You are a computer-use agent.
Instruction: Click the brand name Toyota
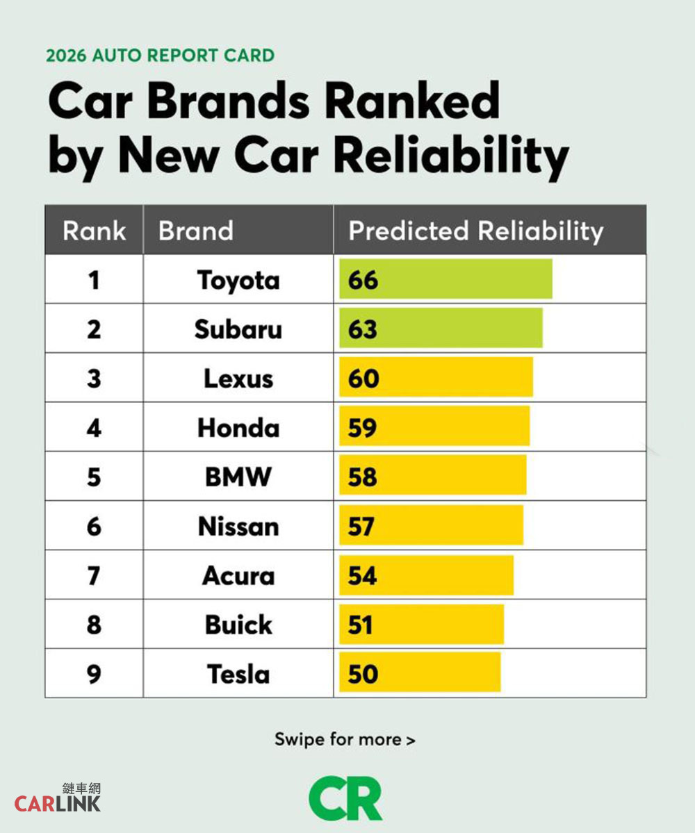coord(238,280)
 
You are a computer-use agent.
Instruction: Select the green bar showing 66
coord(445,279)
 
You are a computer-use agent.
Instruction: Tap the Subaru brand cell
coord(238,329)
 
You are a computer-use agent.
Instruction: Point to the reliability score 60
coord(363,379)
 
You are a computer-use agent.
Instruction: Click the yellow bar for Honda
coord(434,427)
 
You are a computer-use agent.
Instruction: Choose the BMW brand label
coord(238,477)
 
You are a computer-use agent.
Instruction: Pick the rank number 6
coord(94,527)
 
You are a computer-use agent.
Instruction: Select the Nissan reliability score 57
coord(362,527)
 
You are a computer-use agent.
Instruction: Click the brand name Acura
coord(238,576)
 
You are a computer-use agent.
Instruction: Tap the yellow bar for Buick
coord(421,625)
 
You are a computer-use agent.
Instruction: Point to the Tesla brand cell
coord(238,674)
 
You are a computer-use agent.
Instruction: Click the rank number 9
coord(94,674)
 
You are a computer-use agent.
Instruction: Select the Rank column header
coord(94,231)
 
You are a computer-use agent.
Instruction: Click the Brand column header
coord(196,231)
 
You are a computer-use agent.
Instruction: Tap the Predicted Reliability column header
coord(475,231)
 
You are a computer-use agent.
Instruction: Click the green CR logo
coord(345,798)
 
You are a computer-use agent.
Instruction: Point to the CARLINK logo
coord(58,798)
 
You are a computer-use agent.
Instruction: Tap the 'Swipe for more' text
coord(345,739)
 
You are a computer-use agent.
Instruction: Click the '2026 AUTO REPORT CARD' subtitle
coord(161,56)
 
